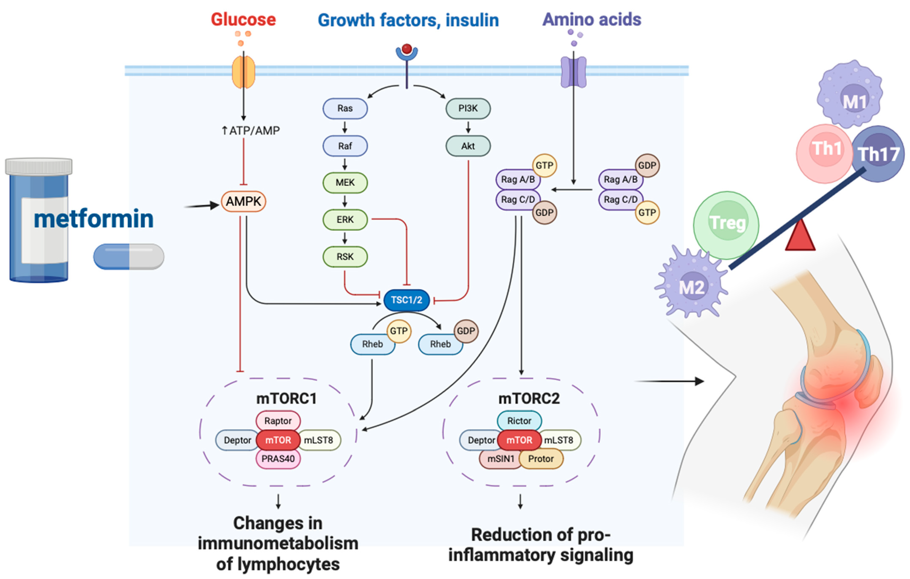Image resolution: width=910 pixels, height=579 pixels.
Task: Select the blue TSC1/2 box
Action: [406, 300]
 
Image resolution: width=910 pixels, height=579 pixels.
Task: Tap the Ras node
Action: [345, 108]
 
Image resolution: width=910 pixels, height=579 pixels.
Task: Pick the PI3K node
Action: [468, 108]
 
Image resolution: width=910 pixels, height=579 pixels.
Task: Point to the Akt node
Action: [468, 146]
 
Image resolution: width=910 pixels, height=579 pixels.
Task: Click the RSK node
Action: [345, 257]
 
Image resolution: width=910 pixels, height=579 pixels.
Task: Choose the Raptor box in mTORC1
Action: [278, 421]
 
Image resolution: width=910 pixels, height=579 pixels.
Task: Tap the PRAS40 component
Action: [278, 459]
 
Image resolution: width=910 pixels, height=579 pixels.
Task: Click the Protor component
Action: [541, 459]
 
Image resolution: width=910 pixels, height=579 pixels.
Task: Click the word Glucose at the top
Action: [243, 20]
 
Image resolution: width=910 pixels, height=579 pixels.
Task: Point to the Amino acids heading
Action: [591, 20]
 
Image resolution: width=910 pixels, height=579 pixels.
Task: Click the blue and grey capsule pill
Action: [129, 256]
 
